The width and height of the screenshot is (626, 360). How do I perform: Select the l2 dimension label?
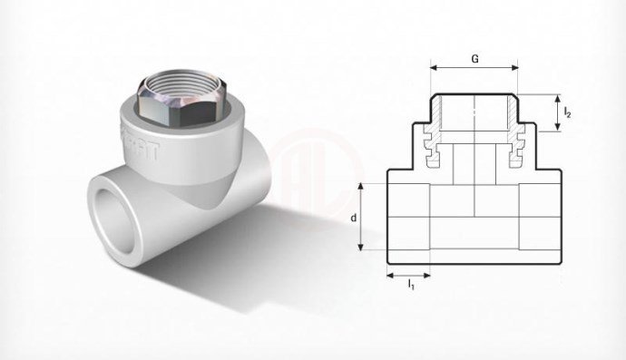[x=567, y=112]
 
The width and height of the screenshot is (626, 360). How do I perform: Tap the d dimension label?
[x=353, y=218]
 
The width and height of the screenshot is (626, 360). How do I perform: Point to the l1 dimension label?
[x=410, y=285]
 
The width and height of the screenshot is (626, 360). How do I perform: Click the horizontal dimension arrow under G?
[x=474, y=68]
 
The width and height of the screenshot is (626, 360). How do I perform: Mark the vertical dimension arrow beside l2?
[x=555, y=112]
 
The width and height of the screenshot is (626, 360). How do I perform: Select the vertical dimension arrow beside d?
[x=363, y=218]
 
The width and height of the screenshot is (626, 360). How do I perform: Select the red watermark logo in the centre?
[x=313, y=172]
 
